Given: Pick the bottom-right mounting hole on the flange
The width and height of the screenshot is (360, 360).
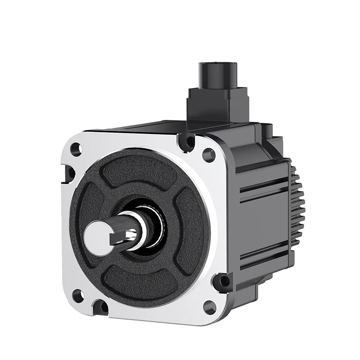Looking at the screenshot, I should [209, 306].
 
